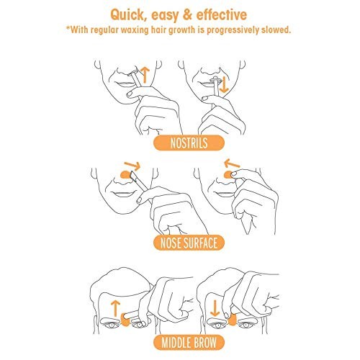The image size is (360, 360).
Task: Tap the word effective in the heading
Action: point(222,14)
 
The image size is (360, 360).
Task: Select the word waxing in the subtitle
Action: point(135,30)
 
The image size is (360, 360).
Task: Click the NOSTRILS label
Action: point(189,143)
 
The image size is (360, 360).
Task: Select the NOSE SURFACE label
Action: point(189,243)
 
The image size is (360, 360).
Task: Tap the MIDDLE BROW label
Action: point(189,343)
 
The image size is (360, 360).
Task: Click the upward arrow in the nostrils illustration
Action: point(145,75)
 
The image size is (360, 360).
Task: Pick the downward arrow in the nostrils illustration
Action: point(224,85)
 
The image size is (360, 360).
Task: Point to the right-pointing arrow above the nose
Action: point(132,166)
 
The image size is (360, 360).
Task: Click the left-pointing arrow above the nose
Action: point(232,163)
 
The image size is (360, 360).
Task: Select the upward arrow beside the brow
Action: point(115,309)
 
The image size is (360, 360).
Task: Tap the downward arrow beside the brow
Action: point(215,308)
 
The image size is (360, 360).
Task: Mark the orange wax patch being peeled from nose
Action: point(228,175)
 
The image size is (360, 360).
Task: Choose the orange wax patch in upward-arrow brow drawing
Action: point(125,320)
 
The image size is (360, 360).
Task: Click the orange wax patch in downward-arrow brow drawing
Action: point(232,320)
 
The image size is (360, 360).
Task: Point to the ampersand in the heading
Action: point(187,14)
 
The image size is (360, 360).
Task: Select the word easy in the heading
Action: point(165,15)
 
